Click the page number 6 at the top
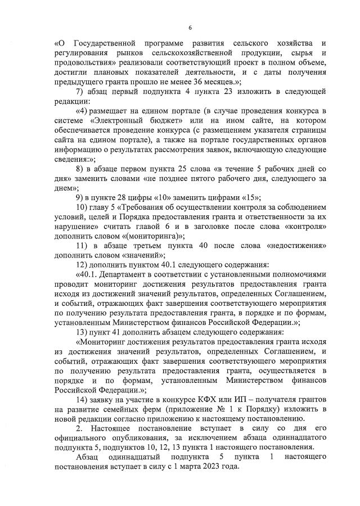(190, 27)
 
